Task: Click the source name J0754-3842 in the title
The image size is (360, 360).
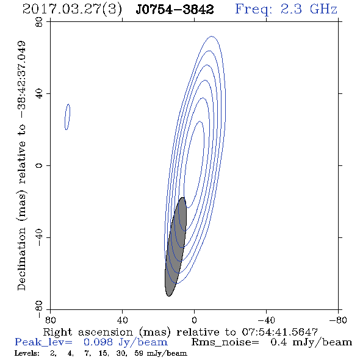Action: click(175, 9)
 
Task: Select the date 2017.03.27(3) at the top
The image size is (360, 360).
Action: click(72, 9)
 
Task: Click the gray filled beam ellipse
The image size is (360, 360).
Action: click(176, 247)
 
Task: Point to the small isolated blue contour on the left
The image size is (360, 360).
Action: click(67, 117)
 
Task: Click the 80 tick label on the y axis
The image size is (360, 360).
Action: click(39, 22)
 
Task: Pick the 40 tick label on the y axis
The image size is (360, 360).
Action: click(39, 94)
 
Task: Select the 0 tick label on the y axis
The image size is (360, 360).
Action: click(39, 165)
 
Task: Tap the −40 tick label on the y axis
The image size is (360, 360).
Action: click(39, 237)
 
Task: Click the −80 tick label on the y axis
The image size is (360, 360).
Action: click(39, 309)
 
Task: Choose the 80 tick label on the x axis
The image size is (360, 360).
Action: click(51, 320)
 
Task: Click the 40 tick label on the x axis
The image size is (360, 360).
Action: click(123, 320)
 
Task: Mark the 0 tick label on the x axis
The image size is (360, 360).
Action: click(194, 320)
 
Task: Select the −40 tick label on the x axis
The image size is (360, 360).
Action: click(266, 320)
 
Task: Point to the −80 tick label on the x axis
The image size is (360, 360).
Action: click(338, 320)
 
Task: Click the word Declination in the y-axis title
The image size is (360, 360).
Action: click(21, 259)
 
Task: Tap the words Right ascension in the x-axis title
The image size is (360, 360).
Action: click(88, 332)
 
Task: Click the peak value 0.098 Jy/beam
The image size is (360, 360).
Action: click(125, 342)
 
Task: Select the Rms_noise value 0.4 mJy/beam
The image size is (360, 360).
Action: click(311, 342)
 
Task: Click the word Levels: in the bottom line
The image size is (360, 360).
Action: click(27, 353)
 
